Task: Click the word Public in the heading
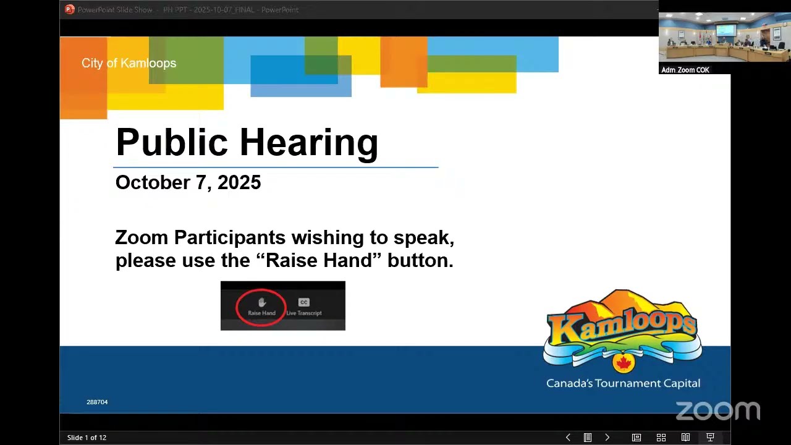(172, 143)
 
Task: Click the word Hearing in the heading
(308, 143)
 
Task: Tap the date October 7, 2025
(188, 182)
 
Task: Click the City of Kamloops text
(129, 63)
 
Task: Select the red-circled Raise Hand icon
(261, 305)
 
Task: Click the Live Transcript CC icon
(303, 303)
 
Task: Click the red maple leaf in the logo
(623, 362)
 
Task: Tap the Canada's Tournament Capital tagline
(623, 383)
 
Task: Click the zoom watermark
(717, 410)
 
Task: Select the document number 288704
(97, 402)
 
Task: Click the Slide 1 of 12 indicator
(87, 438)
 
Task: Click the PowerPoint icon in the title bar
(70, 9)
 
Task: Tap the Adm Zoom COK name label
(685, 70)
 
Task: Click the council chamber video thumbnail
(724, 38)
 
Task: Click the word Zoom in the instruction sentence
(142, 237)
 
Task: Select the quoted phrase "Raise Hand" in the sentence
(318, 260)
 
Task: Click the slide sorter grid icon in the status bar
(661, 438)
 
